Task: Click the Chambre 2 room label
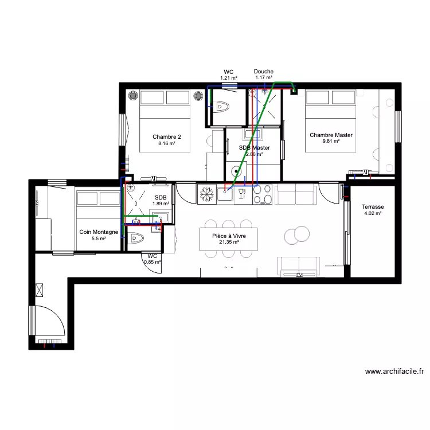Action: point(167,136)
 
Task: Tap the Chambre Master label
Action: point(331,135)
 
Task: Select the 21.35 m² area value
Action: point(228,243)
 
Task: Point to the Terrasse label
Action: point(373,207)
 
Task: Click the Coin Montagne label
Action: point(99,232)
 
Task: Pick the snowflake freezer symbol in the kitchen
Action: point(206,194)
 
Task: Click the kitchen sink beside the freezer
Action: point(225,194)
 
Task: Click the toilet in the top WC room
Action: point(222,107)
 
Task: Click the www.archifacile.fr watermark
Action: point(394,372)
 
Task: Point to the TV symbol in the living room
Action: point(299,275)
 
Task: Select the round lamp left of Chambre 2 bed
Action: point(132,95)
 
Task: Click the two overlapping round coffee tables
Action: point(296,234)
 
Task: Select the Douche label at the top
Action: point(263,72)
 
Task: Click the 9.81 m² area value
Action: point(331,142)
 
